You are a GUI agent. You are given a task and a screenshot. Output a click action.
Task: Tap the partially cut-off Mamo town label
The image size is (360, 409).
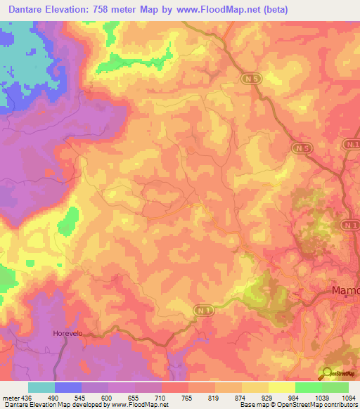coord(345,290)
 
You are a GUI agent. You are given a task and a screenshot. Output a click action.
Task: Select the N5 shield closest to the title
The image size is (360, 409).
coord(252,79)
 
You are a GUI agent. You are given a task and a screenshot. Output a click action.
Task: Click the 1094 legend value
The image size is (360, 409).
coord(349,398)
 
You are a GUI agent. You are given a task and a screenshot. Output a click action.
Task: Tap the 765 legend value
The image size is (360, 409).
coord(188,398)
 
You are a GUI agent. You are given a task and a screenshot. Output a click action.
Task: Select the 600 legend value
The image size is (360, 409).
coord(108,398)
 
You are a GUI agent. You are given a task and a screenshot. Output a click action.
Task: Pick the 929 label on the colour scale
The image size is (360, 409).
coord(269,398)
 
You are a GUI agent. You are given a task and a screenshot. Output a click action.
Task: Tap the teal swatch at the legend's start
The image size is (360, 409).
coord(41,387)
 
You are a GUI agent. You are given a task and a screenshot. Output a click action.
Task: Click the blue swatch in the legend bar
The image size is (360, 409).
coord(68,387)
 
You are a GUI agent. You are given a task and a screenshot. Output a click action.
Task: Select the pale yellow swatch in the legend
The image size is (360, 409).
coord(282,387)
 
